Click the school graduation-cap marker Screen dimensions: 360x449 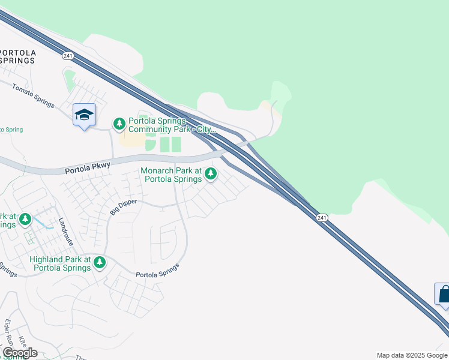[x=84, y=115]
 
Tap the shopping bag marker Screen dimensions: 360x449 [x=444, y=295]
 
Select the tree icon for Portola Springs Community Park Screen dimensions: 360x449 [x=119, y=124]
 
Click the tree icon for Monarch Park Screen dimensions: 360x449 [x=210, y=174]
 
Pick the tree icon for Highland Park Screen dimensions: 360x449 [x=100, y=262]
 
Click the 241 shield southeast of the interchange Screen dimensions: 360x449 [x=322, y=217]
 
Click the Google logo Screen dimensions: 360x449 [x=20, y=353]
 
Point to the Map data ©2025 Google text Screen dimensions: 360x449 [x=411, y=355]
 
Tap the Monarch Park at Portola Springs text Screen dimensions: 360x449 [x=172, y=175]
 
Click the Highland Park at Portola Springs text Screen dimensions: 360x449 [x=60, y=263]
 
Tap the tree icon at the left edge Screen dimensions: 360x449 [x=25, y=220]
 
